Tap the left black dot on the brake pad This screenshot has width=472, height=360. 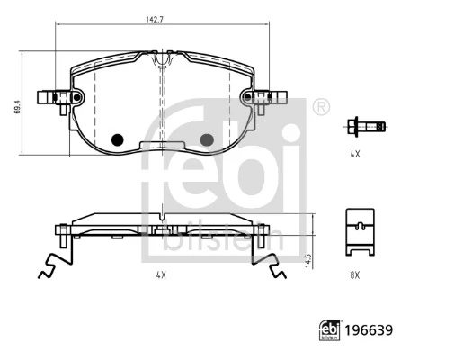[115, 139]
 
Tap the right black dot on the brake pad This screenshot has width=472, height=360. [207, 139]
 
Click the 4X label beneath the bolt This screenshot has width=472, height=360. [354, 155]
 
